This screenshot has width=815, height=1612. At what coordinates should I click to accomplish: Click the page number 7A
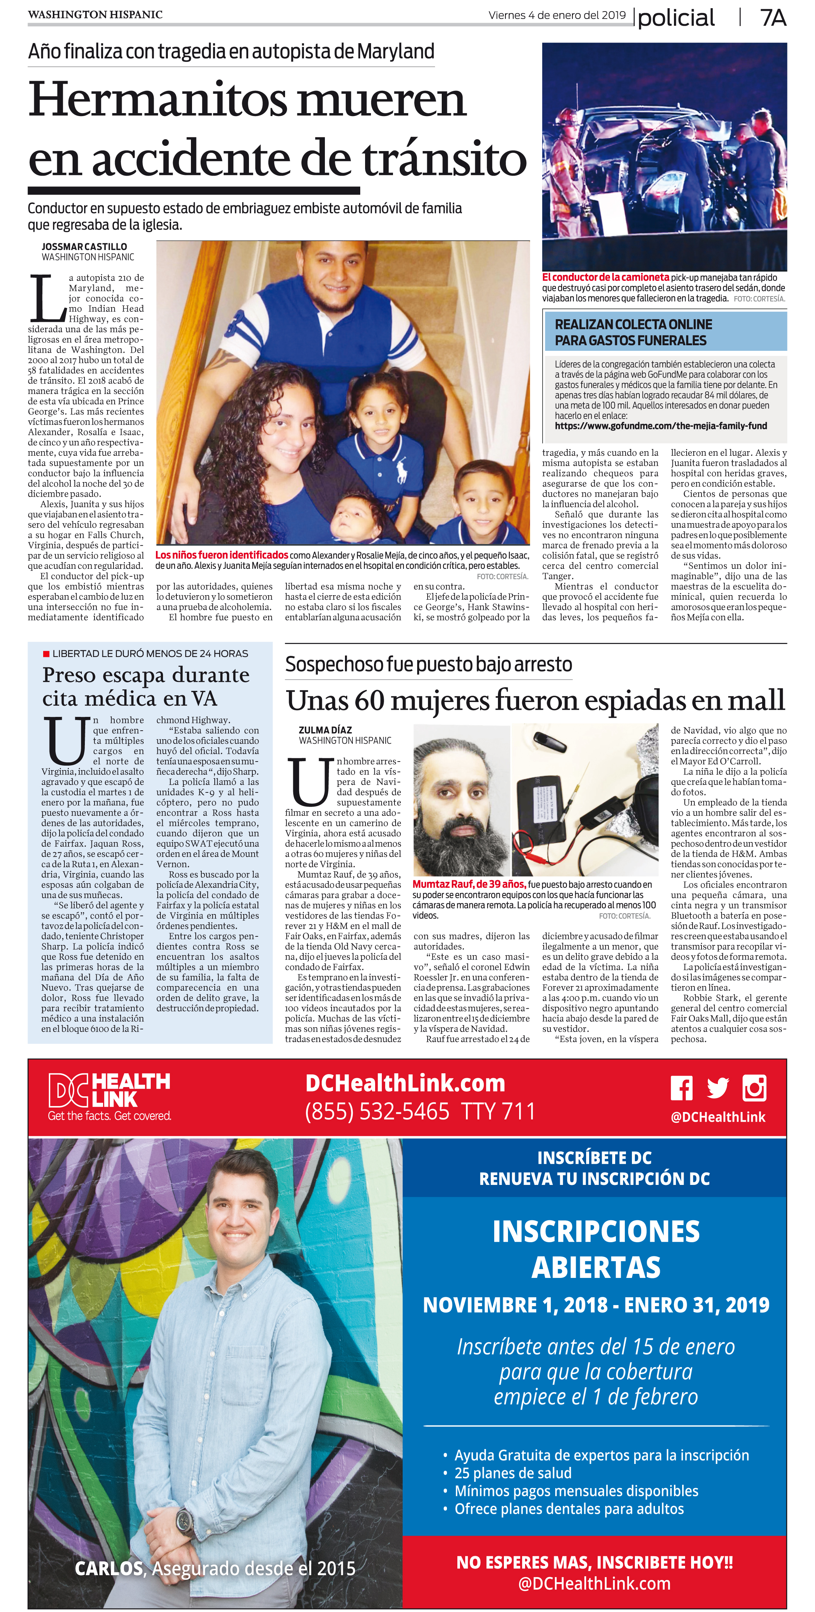point(773,17)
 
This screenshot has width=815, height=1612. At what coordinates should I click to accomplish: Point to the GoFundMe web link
point(661,426)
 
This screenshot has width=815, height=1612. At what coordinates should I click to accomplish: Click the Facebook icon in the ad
point(682,1088)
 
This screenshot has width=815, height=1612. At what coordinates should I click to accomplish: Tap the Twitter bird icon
point(717,1088)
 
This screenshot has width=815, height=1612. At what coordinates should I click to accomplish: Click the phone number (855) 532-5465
point(377,1111)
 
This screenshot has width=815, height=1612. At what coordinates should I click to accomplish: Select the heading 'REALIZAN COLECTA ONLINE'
point(633,324)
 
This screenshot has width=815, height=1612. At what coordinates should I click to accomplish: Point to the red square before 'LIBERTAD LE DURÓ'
point(46,653)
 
